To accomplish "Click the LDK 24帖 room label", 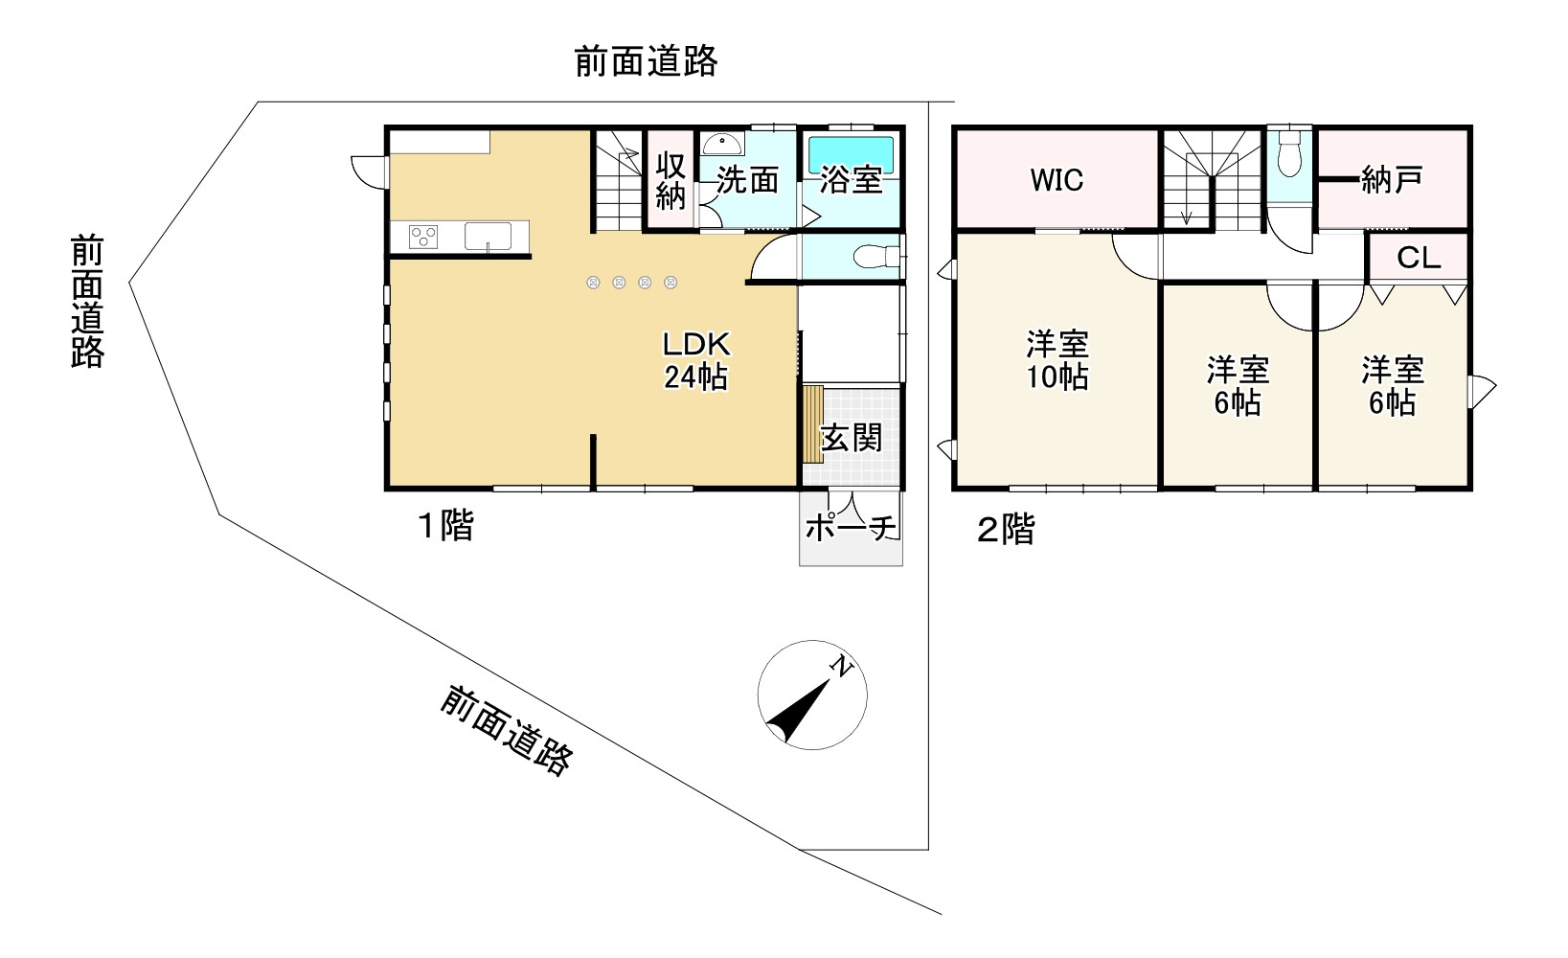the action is click(696, 360).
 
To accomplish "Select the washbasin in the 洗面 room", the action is click(722, 145).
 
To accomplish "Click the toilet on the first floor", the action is click(876, 257).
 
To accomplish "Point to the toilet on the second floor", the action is click(1289, 155).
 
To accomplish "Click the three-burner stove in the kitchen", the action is click(423, 236).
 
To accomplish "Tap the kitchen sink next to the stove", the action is click(488, 236).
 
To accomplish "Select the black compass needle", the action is click(798, 711).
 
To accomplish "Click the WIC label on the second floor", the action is click(1057, 180).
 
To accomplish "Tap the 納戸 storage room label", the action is click(1391, 180).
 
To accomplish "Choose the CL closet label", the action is click(1419, 259).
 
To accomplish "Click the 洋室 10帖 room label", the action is click(1057, 360).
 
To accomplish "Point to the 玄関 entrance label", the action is click(852, 439).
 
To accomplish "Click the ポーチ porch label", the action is click(851, 527).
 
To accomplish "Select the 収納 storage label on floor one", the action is click(670, 180).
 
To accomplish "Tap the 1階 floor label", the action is click(446, 525).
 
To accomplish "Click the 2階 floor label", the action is click(1006, 529).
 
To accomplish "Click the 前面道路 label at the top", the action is click(647, 61).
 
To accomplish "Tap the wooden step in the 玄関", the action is click(812, 424).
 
